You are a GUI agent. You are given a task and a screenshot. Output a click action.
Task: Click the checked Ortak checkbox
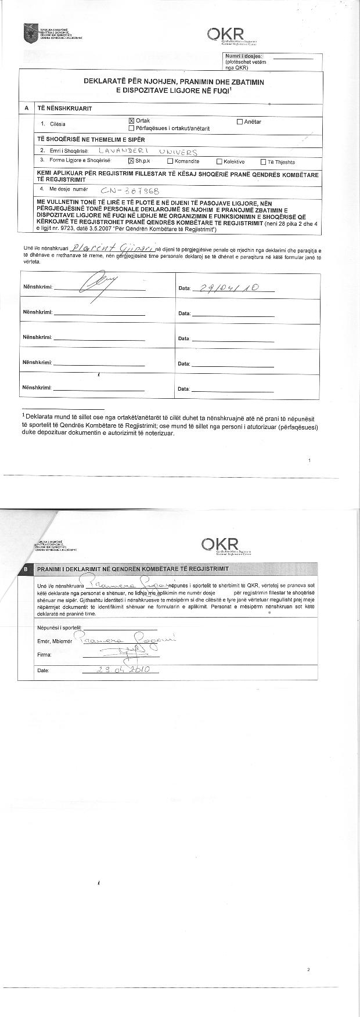[131, 121]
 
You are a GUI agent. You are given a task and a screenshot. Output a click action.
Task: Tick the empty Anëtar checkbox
[240, 122]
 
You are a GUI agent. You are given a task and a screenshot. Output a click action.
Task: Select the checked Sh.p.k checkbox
[131, 161]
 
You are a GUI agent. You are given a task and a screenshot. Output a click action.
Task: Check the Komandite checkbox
[170, 161]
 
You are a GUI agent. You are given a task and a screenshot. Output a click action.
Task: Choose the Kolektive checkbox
[219, 162]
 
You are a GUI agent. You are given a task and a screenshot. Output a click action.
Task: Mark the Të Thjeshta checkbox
[263, 162]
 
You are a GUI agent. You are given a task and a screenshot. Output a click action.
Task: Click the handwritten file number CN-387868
[129, 190]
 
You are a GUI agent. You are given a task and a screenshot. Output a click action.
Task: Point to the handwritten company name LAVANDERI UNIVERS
[148, 152]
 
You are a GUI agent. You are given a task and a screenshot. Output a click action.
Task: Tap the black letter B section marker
[26, 569]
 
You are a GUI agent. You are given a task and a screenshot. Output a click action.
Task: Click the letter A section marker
[26, 109]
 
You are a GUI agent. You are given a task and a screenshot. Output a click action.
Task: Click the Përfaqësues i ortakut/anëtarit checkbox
[131, 128]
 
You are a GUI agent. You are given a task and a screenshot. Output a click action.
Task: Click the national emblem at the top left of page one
[27, 33]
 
